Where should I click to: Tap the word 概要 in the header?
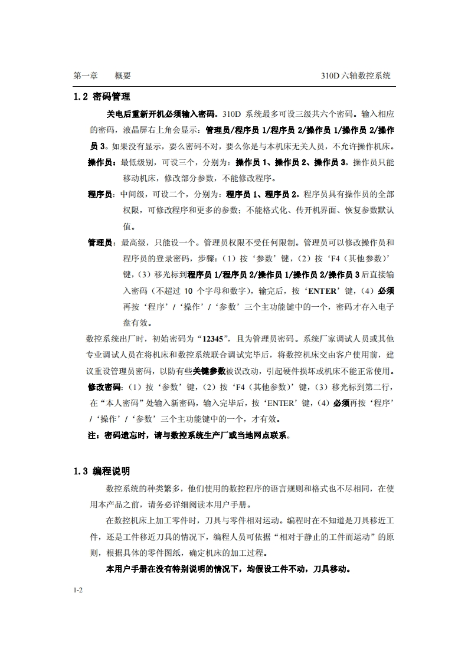coord(123,76)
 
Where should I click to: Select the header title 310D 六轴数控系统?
coord(355,76)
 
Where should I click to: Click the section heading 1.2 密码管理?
coord(102,97)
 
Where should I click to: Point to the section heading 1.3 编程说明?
coord(102,471)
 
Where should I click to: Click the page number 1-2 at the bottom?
coord(77,590)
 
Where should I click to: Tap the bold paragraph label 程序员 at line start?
coord(101,194)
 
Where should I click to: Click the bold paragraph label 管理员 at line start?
coord(101,242)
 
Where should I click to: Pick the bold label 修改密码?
coord(104,388)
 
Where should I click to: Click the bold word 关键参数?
coord(210,371)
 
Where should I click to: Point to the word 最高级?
coord(133,242)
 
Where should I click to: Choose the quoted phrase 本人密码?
coord(122,404)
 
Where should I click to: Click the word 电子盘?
coord(384,307)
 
